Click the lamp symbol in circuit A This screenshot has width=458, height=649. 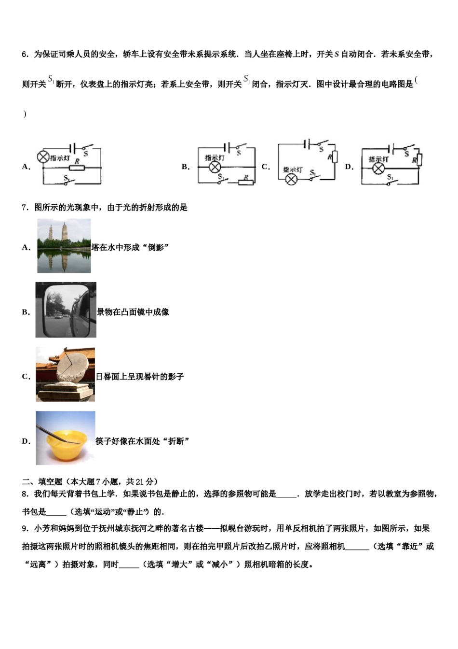click(43, 156)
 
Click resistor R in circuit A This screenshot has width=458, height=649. click(77, 168)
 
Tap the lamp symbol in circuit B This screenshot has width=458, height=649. click(214, 167)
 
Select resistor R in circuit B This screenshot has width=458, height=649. click(246, 182)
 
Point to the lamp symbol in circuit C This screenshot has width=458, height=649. click(291, 180)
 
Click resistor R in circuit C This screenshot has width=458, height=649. click(334, 157)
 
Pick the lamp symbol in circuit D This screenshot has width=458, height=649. click(379, 168)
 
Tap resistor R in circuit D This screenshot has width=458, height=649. click(419, 159)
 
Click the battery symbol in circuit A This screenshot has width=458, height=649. click(72, 147)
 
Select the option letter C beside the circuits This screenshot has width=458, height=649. click(265, 167)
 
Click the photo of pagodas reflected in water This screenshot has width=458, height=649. click(64, 246)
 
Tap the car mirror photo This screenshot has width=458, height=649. click(66, 310)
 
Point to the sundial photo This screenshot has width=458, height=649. click(65, 374)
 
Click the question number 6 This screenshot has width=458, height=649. click(25, 54)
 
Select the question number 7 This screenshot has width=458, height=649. click(25, 208)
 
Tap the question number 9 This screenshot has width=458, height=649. click(25, 528)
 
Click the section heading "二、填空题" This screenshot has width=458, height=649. click(42, 481)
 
